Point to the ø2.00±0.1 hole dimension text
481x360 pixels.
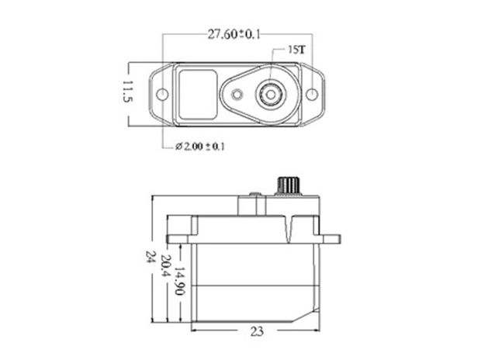pyautogui.click(x=200, y=145)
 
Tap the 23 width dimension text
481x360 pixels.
pyautogui.click(x=258, y=330)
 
